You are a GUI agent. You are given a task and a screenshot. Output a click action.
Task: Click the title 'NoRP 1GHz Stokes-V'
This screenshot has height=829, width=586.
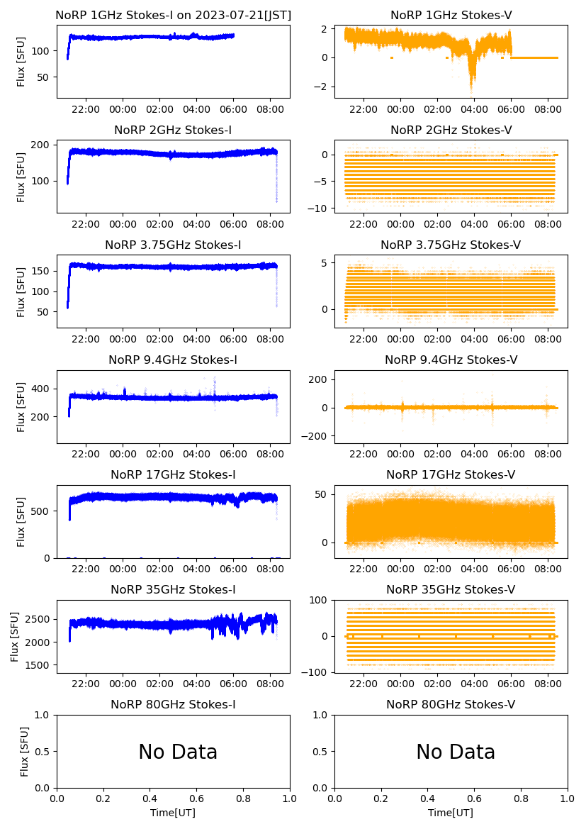(x=451, y=15)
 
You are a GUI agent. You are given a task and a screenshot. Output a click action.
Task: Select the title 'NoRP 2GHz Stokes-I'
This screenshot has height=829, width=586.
(x=173, y=130)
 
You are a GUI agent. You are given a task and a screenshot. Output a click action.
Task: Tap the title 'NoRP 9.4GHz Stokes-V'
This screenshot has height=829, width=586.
(x=451, y=360)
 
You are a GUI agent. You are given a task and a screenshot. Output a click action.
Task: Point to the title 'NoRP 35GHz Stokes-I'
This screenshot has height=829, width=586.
(x=173, y=589)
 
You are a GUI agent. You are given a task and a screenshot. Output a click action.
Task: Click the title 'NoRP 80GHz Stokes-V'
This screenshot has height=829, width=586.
(x=451, y=704)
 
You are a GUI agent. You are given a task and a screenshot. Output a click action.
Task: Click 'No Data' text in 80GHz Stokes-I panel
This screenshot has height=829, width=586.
(x=178, y=752)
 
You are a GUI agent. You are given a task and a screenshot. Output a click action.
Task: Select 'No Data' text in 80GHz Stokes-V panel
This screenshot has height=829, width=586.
(x=456, y=752)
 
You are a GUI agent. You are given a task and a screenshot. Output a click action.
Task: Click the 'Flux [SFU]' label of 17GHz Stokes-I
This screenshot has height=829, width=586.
(x=21, y=521)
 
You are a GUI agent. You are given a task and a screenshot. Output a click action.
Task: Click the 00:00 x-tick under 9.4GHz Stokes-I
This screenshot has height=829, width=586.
(x=123, y=454)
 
